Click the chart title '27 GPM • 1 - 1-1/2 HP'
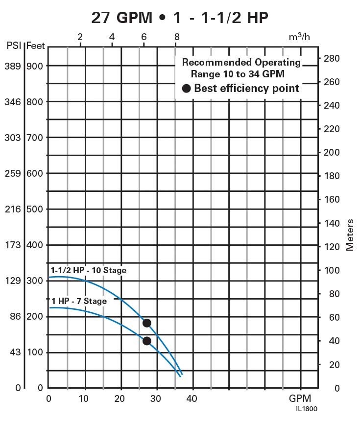180,18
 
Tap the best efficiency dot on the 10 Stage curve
146,323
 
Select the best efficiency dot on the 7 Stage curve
146,341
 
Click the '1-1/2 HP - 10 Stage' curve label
88,270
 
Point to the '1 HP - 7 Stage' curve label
79,301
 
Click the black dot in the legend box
187,89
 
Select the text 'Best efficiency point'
246,89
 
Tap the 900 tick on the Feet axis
35,66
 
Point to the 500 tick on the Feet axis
35,209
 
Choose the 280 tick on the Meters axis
332,58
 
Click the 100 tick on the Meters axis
332,270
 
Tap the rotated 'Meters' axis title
350,235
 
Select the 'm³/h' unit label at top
300,37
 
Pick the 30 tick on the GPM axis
156,398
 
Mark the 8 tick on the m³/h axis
176,37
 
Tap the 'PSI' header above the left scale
13,46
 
